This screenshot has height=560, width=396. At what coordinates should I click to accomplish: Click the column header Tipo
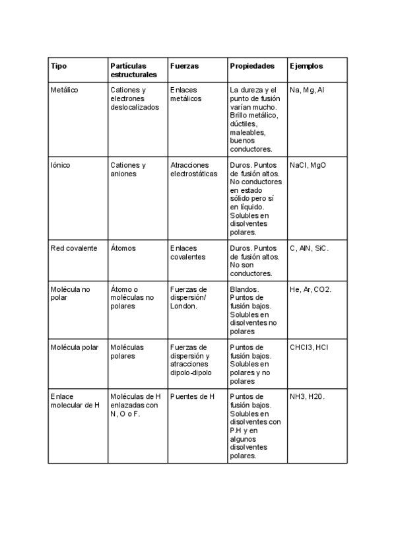(59, 66)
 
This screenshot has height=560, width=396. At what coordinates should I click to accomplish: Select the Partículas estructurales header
(129, 71)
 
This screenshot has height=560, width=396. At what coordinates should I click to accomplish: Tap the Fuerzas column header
(184, 66)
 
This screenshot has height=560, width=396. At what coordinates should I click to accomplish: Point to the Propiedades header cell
(252, 66)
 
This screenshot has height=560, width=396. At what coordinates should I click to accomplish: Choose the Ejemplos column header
(306, 66)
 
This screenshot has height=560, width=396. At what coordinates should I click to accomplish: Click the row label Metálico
(64, 90)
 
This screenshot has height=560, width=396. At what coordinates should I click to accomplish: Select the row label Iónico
(61, 165)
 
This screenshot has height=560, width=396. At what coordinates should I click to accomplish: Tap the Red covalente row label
(74, 248)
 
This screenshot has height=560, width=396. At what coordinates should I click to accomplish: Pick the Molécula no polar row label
(69, 293)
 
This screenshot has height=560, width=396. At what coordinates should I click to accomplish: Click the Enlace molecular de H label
(74, 400)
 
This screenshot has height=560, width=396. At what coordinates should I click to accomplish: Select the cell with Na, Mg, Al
(307, 90)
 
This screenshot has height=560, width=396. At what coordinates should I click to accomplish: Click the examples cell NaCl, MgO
(308, 165)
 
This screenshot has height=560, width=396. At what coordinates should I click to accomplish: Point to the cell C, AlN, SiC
(309, 248)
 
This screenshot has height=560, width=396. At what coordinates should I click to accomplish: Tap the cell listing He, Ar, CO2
(311, 289)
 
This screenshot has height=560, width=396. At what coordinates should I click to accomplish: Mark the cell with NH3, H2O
(308, 396)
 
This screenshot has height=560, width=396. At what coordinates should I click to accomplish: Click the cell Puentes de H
(192, 396)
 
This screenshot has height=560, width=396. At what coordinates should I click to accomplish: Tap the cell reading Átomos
(123, 248)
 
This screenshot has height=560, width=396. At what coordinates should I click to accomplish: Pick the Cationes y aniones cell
(128, 170)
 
